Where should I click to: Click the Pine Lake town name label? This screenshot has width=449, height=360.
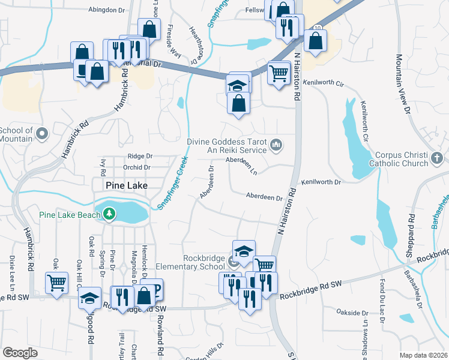tap(127, 186)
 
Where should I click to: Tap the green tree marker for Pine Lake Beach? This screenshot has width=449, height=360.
tap(109, 214)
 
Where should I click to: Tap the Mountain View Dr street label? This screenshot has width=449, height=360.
tap(402, 84)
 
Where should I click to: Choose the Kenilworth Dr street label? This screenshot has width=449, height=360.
tap(321, 181)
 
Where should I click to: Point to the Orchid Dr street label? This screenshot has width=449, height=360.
tap(136, 167)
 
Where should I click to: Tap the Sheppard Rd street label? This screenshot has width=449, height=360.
tap(411, 233)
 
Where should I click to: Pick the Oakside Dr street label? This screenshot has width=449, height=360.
tap(352, 313)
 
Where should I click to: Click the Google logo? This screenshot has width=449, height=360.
tap(20, 353)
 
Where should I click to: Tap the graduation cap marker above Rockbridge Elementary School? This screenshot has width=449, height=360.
tap(244, 251)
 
